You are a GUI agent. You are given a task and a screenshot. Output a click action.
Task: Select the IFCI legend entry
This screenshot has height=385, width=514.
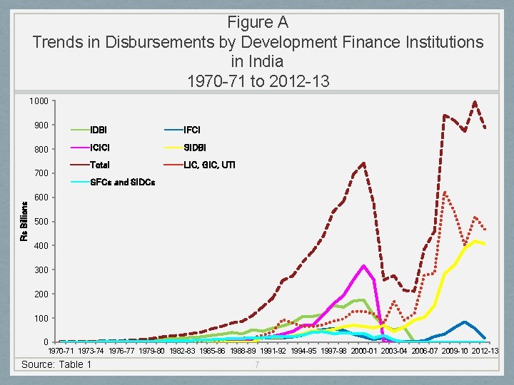click(x=192, y=130)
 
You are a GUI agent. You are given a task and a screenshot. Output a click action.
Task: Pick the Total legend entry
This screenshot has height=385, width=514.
click(x=100, y=165)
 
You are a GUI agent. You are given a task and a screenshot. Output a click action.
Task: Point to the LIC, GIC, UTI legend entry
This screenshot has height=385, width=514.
click(x=209, y=165)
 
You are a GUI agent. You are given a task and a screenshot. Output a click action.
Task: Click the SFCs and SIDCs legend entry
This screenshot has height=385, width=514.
click(x=122, y=182)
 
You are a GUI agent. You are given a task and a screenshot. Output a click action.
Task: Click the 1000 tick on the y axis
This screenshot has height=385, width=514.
click(x=39, y=101)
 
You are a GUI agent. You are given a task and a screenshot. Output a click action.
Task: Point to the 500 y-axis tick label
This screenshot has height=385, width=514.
click(x=41, y=222)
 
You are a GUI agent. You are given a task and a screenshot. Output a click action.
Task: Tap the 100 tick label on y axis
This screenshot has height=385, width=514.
click(x=41, y=318)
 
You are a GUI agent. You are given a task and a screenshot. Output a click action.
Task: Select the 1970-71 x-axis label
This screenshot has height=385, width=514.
click(x=60, y=351)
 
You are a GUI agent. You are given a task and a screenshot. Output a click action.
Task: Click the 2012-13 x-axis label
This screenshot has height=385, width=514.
click(x=485, y=351)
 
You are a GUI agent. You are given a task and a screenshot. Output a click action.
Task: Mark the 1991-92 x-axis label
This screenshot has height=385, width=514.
click(x=272, y=351)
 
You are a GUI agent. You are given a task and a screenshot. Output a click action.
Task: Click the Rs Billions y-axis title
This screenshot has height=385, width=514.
click(x=24, y=221)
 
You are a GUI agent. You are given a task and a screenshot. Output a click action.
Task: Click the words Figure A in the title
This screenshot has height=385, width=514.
click(x=257, y=22)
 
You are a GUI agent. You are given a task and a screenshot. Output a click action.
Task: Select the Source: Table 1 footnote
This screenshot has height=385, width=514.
click(x=57, y=364)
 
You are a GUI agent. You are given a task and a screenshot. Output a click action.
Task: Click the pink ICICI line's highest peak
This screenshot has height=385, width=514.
click(x=364, y=265)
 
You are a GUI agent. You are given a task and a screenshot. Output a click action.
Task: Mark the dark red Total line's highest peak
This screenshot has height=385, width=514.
click(x=475, y=102)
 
